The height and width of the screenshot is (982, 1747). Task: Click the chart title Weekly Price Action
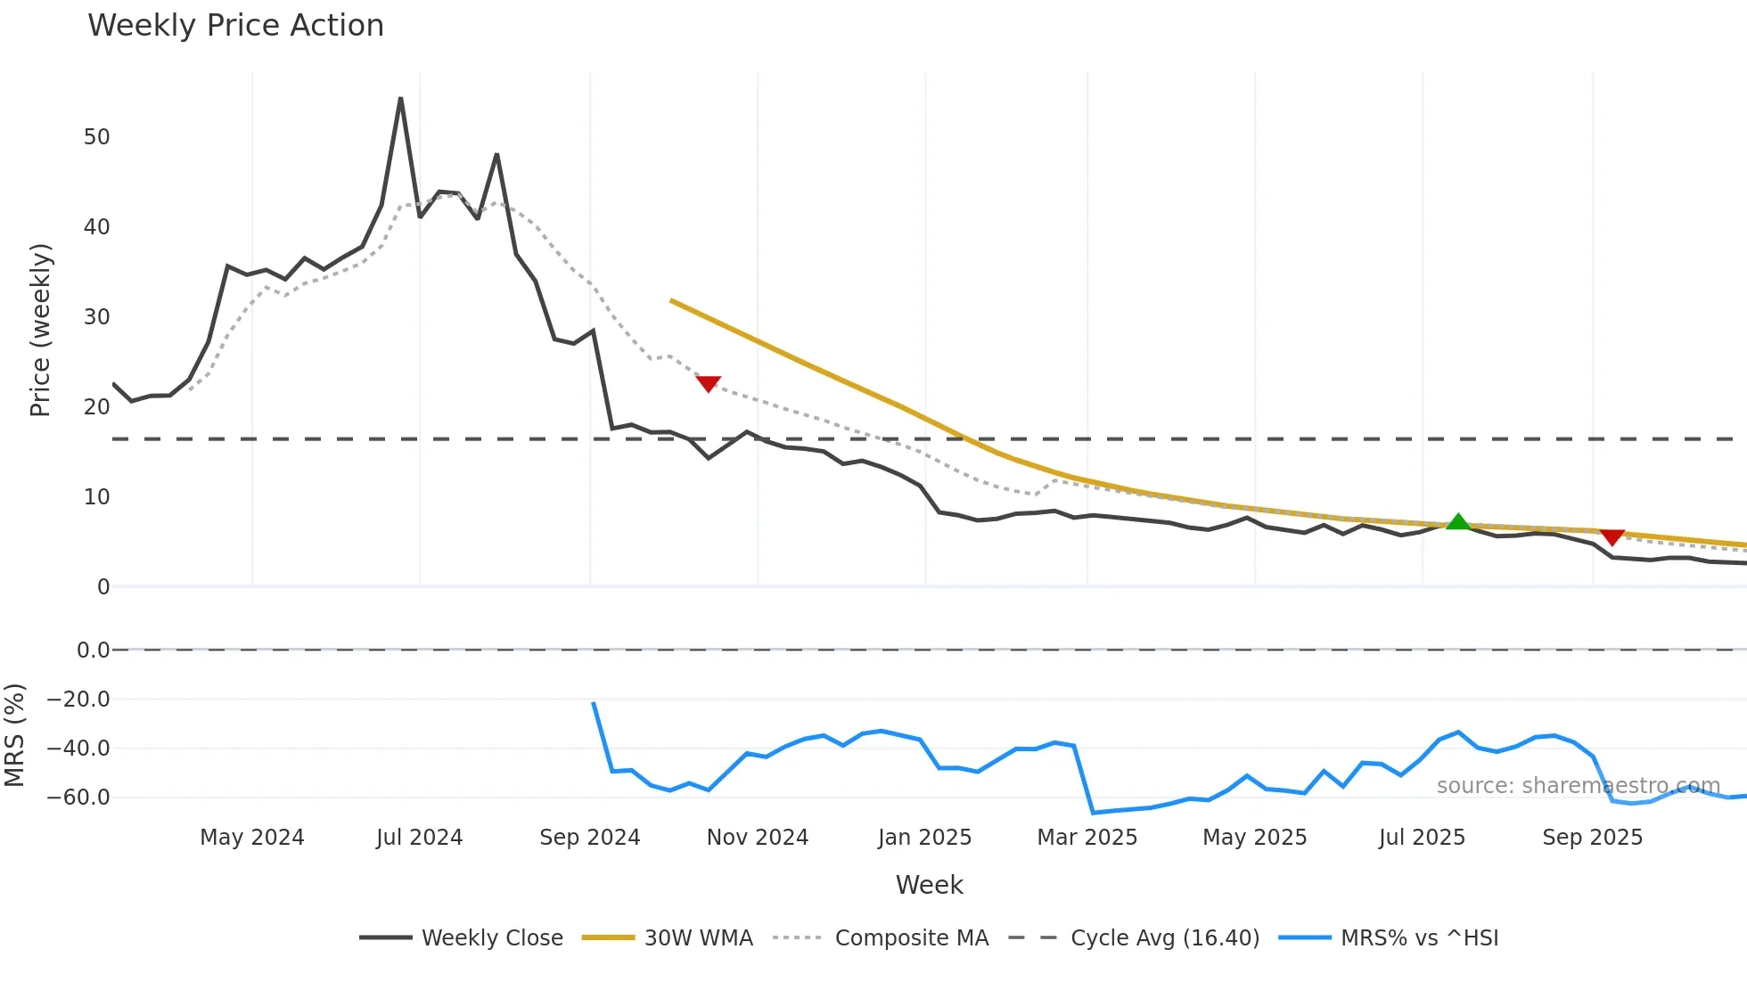coord(235,26)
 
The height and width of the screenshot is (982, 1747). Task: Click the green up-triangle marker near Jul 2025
coord(1458,522)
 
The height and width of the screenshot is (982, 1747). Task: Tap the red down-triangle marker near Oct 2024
coord(708,383)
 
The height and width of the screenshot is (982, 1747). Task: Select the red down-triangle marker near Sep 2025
coord(1612,536)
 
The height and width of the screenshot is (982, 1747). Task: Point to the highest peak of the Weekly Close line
coord(401,99)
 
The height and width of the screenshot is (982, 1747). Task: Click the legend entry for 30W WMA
coord(668,938)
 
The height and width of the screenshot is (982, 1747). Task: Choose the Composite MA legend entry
coord(882,938)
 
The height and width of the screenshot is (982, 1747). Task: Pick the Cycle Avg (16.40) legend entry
coord(1135,938)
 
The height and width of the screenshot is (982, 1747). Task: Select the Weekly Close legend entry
coord(462,938)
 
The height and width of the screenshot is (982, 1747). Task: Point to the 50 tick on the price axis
coord(96,137)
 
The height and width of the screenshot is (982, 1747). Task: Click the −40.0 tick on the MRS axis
coord(78,749)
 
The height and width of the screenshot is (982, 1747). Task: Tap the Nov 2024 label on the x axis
coord(758,838)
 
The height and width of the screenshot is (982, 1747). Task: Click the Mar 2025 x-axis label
coord(1087,838)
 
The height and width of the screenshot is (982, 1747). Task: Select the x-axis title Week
coord(929,885)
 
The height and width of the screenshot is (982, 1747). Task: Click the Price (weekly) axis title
coord(40,330)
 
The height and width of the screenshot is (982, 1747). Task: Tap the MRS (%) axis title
coord(14,735)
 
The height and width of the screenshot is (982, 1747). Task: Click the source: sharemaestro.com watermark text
coord(1578,786)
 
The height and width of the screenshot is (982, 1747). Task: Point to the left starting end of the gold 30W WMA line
coord(672,301)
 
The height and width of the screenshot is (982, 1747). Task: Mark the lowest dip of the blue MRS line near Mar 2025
coord(1094,813)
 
